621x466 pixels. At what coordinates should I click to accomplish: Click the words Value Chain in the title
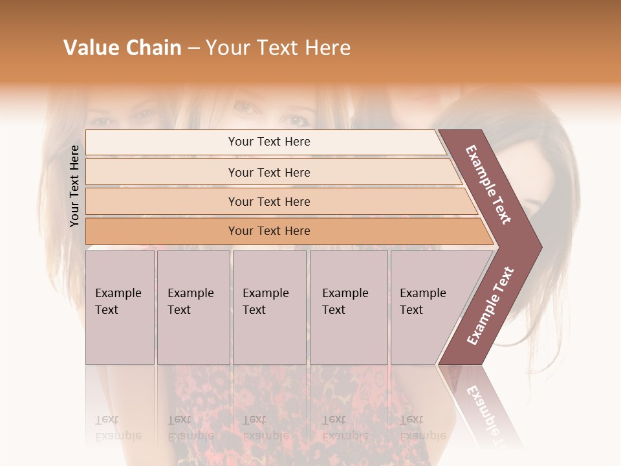(122, 48)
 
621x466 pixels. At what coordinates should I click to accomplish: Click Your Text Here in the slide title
(278, 48)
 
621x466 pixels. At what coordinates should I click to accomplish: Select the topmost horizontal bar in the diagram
(265, 142)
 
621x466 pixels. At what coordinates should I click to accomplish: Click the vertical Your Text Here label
(74, 186)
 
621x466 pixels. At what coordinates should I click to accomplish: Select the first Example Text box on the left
(120, 307)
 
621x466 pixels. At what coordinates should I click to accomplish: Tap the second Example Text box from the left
(193, 307)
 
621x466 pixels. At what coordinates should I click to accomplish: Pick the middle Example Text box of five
(269, 307)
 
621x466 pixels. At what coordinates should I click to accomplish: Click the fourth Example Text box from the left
(348, 307)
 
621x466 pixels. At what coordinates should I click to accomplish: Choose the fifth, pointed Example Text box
(427, 307)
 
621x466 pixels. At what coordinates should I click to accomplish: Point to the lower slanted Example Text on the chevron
(490, 305)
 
